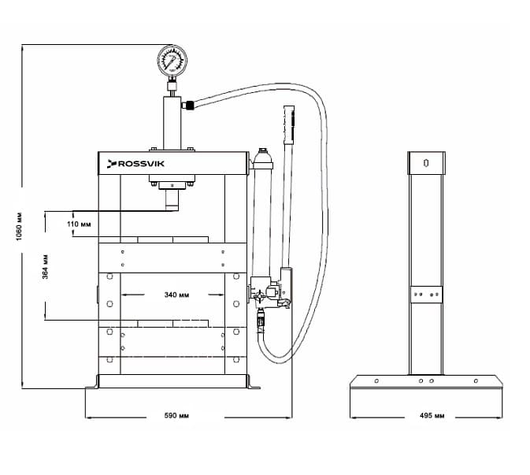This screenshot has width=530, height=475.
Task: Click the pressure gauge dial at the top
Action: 172,60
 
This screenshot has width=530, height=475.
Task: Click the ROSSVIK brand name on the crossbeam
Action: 141,164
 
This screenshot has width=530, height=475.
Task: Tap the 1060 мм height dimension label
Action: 19,227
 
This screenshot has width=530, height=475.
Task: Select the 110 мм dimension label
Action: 79,225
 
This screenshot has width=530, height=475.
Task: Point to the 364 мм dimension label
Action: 46,267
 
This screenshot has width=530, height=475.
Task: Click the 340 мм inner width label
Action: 176,295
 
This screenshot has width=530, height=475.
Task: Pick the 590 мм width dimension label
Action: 176,415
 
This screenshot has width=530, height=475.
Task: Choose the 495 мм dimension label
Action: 432,415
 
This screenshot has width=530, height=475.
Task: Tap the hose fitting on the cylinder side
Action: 188,105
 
